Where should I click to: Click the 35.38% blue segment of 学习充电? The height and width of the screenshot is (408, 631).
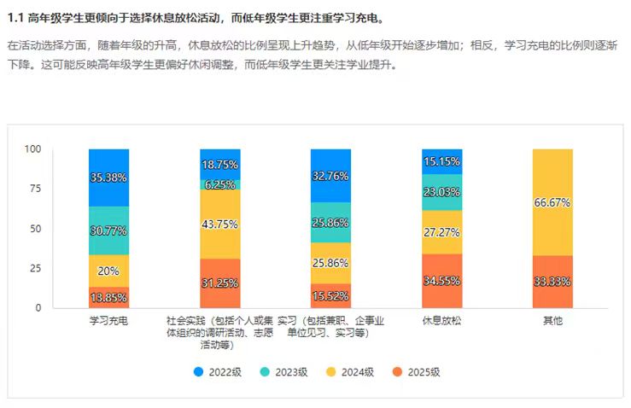coord(108,178)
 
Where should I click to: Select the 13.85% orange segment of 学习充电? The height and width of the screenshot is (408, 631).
coord(108,296)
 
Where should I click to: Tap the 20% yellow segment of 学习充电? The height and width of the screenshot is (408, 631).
coord(108,270)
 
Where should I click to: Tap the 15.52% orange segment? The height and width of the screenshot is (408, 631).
coord(330,295)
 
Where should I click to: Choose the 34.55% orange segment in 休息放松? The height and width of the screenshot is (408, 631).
coord(441,280)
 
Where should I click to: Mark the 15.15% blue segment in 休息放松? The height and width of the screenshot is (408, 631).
coord(441,161)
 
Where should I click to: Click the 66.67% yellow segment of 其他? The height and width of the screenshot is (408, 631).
coord(552,202)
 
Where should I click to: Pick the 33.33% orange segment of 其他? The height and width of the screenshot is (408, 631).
coord(552,282)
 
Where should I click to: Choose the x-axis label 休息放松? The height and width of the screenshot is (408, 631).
coord(441,321)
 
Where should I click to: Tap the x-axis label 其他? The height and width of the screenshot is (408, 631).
coord(552,321)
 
